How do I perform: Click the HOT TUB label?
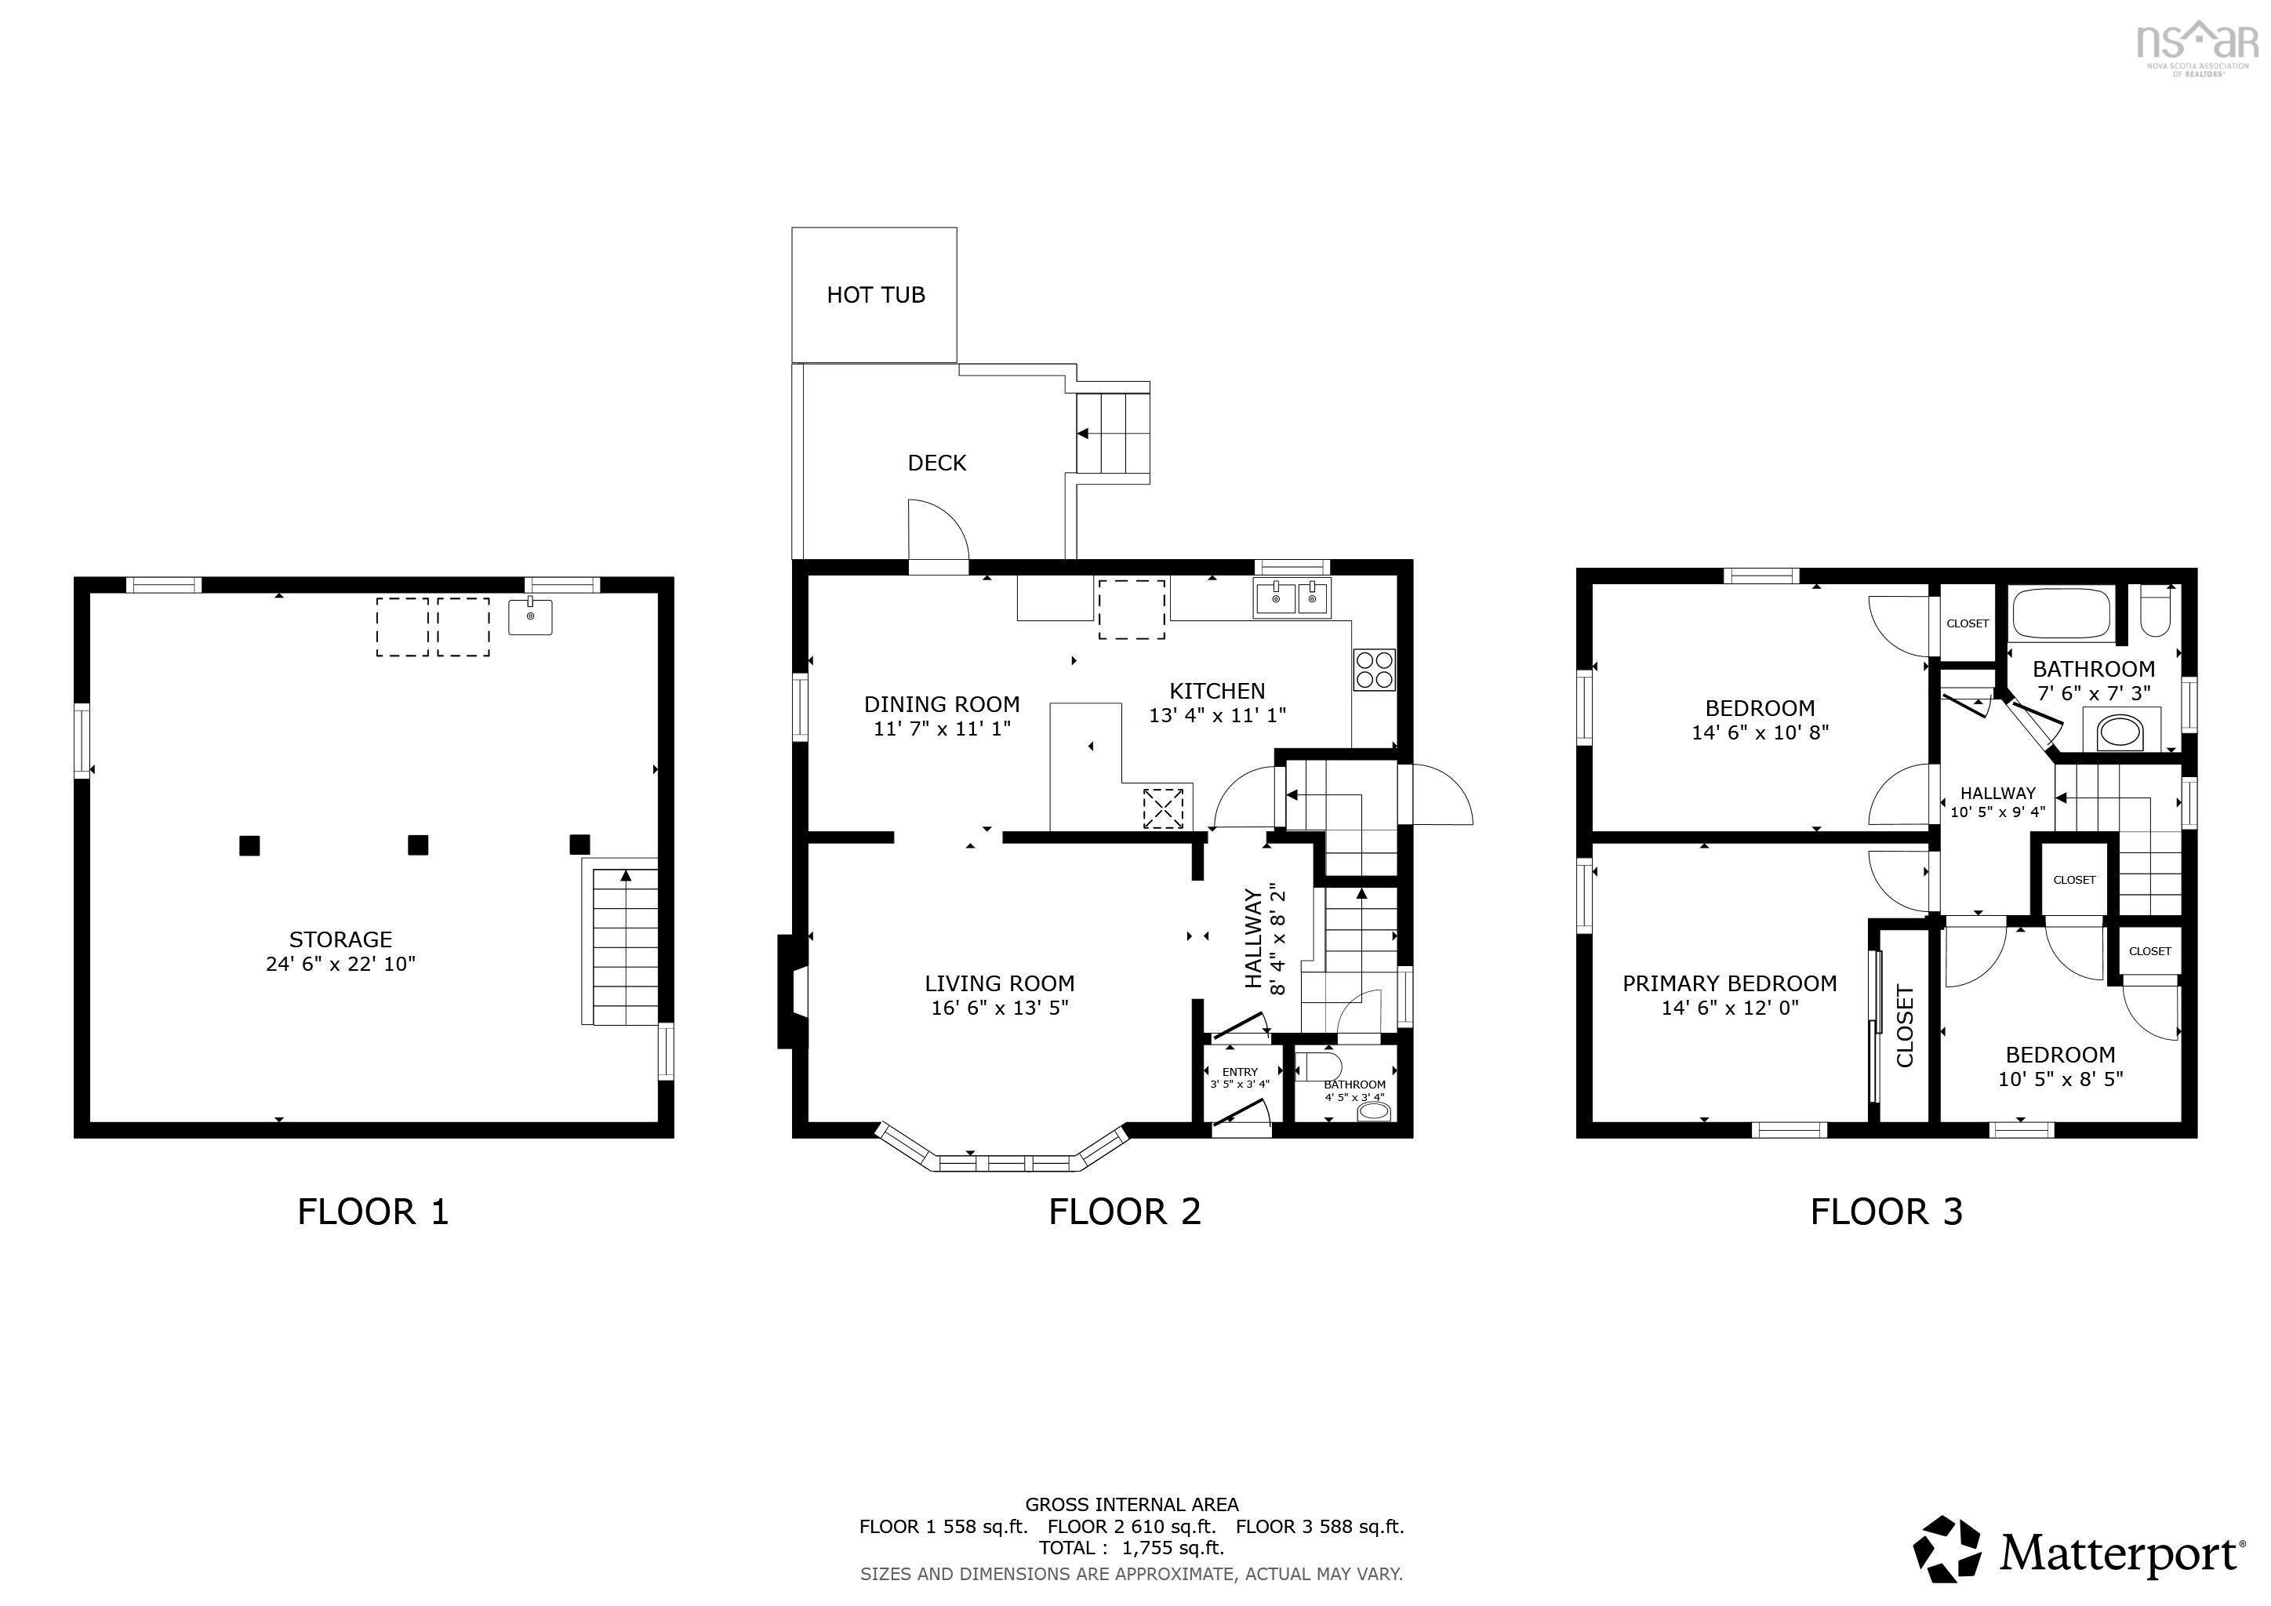coord(875,295)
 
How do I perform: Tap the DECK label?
coord(936,463)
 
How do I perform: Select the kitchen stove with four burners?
coord(1373,670)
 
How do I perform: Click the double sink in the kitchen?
coord(1293,598)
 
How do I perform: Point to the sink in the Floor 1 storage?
coord(530,617)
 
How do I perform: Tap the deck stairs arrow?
coord(1084,433)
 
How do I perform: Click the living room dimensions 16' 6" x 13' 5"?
coord(999,1008)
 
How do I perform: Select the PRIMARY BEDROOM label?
coord(1729,983)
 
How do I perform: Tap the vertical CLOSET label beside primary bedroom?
coord(1904,1026)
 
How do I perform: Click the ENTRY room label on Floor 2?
coord(1239,1072)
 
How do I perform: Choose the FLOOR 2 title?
coord(1125,1212)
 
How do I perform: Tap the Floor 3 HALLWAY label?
coord(1997,793)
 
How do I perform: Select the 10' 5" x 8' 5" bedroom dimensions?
coord(2060,1079)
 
